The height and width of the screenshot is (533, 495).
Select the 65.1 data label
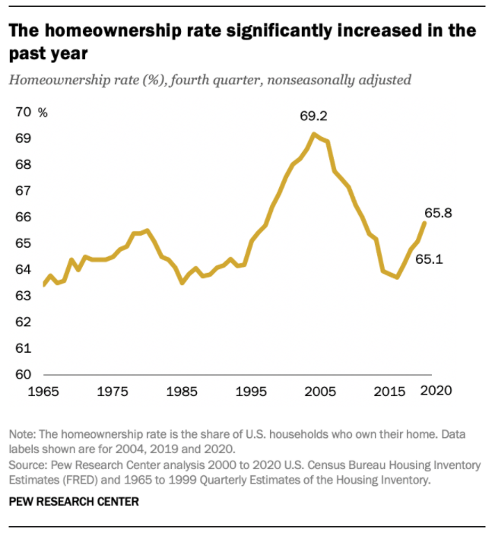pyautogui.click(x=429, y=259)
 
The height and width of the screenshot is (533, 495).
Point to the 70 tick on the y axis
pyautogui.click(x=23, y=113)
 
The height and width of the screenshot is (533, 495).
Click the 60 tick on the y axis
pyautogui.click(x=23, y=375)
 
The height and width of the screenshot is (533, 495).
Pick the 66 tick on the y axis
pyautogui.click(x=23, y=217)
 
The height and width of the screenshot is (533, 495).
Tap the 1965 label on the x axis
pyautogui.click(x=44, y=392)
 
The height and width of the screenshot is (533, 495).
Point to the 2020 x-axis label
pyautogui.click(x=436, y=392)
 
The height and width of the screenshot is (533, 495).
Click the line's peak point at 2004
pyautogui.click(x=313, y=134)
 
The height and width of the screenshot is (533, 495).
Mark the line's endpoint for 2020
pyautogui.click(x=424, y=223)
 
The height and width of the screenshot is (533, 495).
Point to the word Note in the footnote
pyautogui.click(x=21, y=434)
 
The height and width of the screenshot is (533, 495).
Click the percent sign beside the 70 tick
pyautogui.click(x=43, y=113)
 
